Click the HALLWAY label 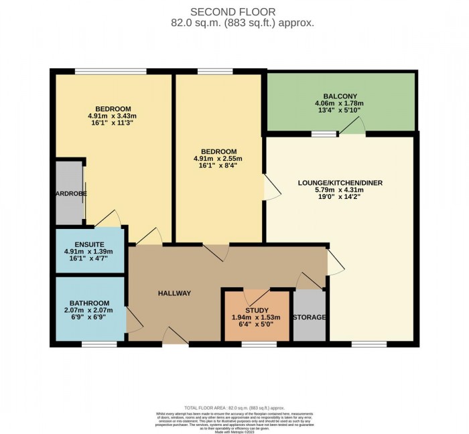coord(175,293)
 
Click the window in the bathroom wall coord(99,344)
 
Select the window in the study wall coord(259,344)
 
